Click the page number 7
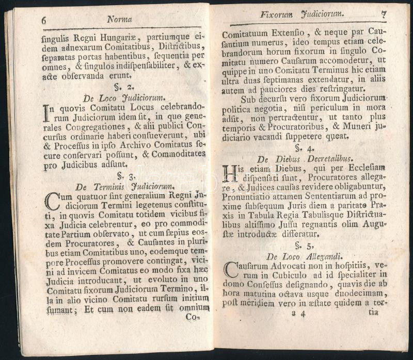383,14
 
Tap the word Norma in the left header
119,19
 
